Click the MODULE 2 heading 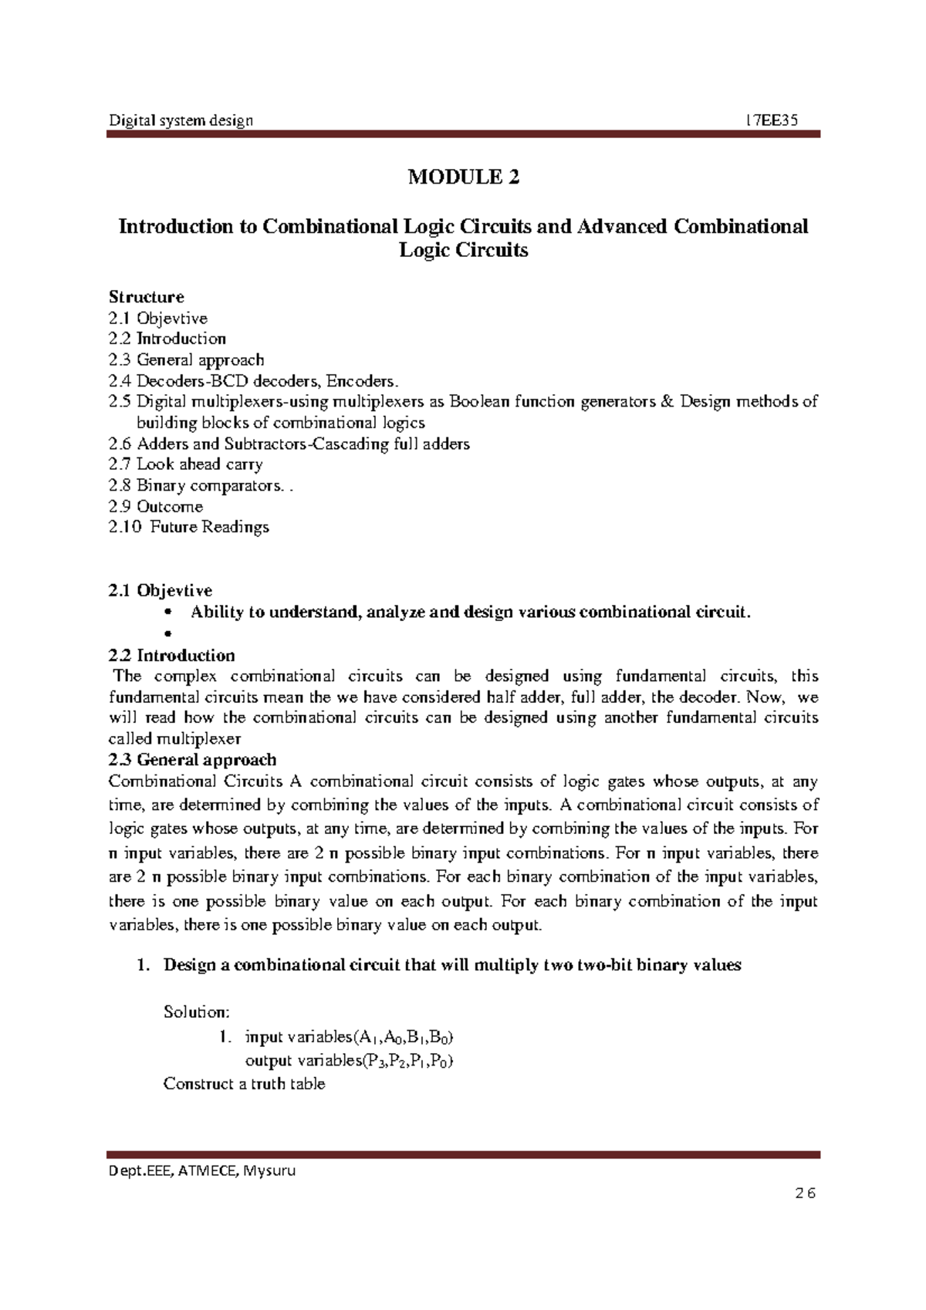pyautogui.click(x=463, y=177)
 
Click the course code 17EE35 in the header pyautogui.click(x=772, y=120)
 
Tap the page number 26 pyautogui.click(x=805, y=1194)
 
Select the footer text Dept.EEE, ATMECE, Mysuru pyautogui.click(x=202, y=1170)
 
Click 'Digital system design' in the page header pyautogui.click(x=181, y=120)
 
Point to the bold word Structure pyautogui.click(x=146, y=297)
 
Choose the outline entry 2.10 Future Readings pyautogui.click(x=189, y=528)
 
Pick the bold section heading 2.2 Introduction pyautogui.click(x=171, y=656)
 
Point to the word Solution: pyautogui.click(x=196, y=1012)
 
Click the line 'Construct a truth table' pyautogui.click(x=244, y=1084)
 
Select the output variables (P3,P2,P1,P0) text pyautogui.click(x=349, y=1061)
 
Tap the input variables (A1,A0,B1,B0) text pyautogui.click(x=343, y=1037)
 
